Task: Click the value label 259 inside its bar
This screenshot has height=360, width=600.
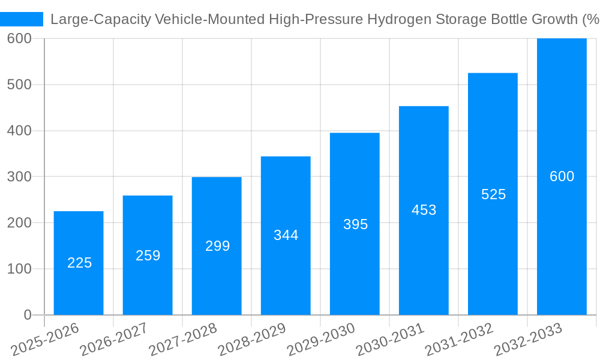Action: [148, 256]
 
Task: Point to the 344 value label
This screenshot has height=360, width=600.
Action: [286, 235]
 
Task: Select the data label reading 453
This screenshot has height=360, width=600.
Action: [424, 210]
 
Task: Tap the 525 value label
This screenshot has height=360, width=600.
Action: [493, 194]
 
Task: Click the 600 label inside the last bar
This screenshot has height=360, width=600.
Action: [562, 176]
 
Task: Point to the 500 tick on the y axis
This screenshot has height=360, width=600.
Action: [19, 85]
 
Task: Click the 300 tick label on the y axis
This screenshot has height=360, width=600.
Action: [19, 177]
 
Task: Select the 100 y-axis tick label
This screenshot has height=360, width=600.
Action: [19, 269]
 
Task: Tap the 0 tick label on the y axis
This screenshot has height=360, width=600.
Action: [28, 315]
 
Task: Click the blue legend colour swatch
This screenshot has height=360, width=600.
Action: [22, 19]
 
